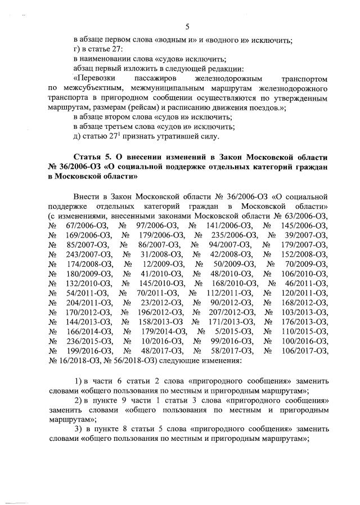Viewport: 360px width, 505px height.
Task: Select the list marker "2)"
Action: coord(80,401)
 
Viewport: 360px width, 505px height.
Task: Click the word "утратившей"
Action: coord(172,136)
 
